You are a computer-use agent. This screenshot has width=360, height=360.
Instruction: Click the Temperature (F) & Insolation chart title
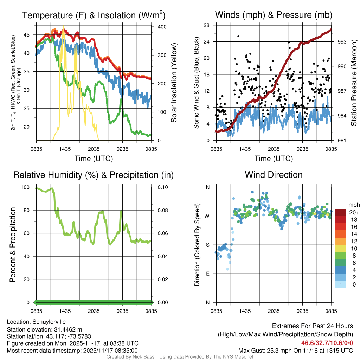click(x=94, y=15)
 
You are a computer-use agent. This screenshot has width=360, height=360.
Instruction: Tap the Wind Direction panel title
click(x=274, y=175)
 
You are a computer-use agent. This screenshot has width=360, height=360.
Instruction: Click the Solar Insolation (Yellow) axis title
click(x=174, y=83)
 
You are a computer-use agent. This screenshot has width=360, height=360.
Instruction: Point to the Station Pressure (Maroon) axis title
click(x=354, y=83)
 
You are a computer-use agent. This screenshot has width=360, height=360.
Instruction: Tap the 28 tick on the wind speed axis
click(x=207, y=25)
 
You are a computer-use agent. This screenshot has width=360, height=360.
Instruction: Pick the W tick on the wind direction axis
click(x=207, y=216)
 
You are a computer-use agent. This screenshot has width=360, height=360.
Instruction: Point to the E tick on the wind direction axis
click(x=208, y=274)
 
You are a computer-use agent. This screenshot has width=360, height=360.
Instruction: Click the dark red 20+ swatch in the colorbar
click(x=341, y=212)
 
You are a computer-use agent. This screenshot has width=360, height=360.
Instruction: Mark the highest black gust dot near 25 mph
click(x=238, y=36)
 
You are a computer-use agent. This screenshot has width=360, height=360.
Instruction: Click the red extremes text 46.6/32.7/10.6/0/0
click(x=327, y=343)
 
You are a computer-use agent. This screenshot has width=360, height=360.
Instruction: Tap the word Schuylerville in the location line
click(x=49, y=322)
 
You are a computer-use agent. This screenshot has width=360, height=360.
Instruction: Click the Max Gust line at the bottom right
click(x=295, y=350)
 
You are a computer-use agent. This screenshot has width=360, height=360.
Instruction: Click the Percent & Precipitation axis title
click(x=12, y=245)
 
